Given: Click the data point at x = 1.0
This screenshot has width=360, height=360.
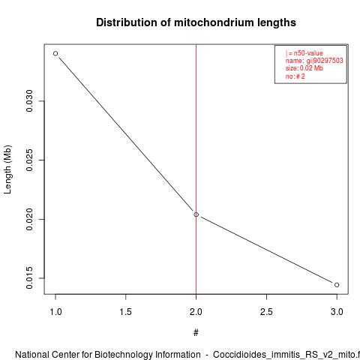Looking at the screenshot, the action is [55, 53].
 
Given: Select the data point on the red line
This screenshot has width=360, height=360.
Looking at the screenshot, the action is [196, 214].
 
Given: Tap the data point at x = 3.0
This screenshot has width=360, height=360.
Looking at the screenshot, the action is [337, 285].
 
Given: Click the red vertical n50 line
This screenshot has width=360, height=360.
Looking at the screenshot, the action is [196, 169].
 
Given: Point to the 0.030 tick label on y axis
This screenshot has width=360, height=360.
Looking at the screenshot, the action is [29, 101].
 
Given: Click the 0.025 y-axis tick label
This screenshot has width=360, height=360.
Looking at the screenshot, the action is [29, 160].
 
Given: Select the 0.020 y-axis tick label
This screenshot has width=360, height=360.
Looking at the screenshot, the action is [29, 219].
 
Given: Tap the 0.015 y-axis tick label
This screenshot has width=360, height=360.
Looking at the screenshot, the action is [29, 278].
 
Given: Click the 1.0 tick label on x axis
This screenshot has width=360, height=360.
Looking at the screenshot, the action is [55, 312].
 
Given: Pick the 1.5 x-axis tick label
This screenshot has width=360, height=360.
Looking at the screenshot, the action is [126, 312].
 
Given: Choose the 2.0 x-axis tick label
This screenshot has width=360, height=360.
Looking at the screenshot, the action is [196, 312].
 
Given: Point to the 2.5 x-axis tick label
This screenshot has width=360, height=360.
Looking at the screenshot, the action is [266, 312].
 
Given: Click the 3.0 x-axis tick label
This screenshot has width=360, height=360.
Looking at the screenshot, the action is [337, 312].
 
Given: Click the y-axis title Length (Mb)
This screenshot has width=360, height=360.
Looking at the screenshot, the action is [7, 169].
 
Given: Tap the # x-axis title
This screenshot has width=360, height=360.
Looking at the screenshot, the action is [196, 333].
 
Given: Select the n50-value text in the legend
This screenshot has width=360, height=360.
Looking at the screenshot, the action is [308, 53].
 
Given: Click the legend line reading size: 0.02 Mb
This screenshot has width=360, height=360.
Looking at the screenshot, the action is [304, 68].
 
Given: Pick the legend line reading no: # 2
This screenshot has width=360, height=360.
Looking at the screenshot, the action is [295, 76].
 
